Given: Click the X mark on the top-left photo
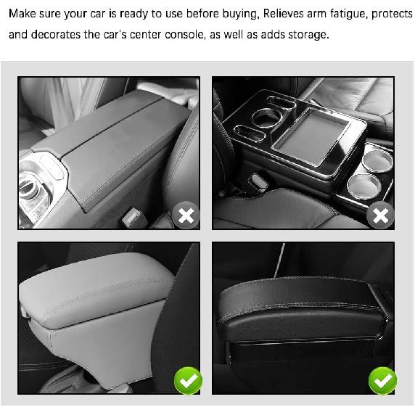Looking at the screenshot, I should coord(186,215).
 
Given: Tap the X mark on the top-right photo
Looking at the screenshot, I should coord(380,215).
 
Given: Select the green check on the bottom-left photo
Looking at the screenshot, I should coord(187,380).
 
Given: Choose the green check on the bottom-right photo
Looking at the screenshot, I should coord(382,380).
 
